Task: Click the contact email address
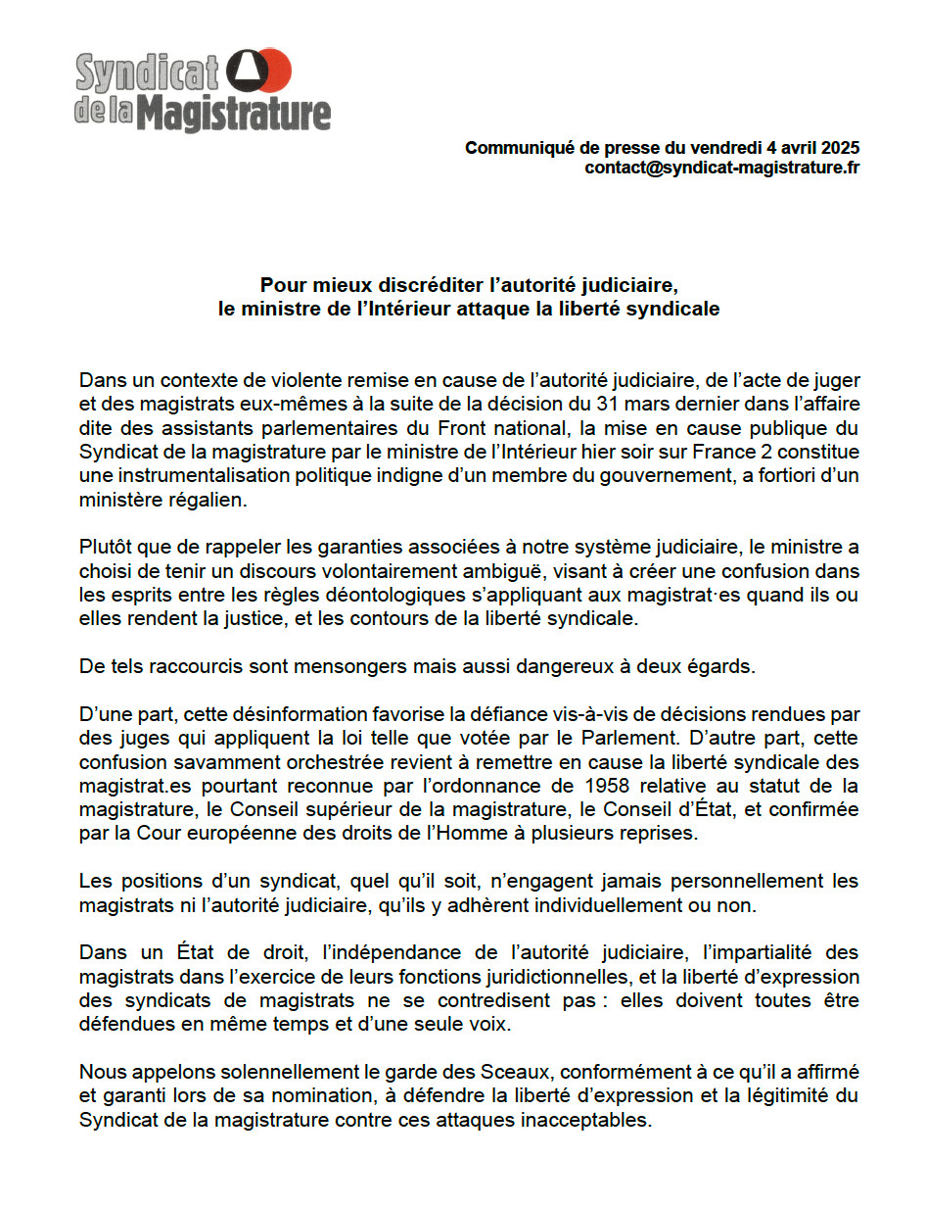pos(722,168)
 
